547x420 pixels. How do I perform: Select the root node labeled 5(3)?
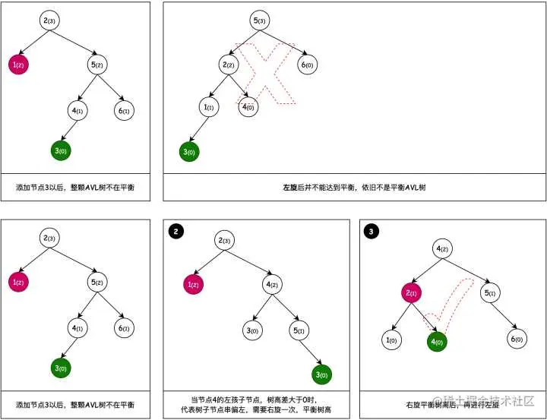click(x=260, y=21)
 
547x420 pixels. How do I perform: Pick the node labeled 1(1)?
click(x=208, y=108)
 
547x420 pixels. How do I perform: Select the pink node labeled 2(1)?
click(x=413, y=292)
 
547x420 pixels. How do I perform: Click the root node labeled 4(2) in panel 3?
click(x=444, y=248)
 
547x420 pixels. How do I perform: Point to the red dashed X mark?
click(x=265, y=72)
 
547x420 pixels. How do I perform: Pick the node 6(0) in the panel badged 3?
click(x=517, y=340)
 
